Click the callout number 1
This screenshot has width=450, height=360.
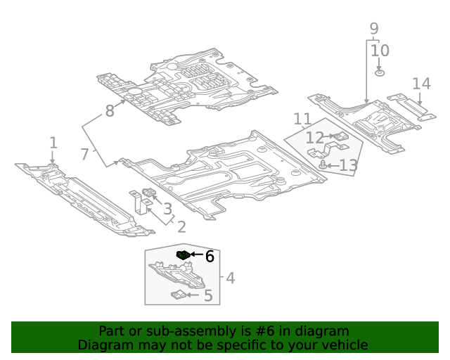[x=53, y=143]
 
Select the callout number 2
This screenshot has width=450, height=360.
[x=181, y=226]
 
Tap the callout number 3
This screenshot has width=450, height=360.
[x=167, y=209]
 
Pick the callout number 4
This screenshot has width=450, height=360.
[x=230, y=278]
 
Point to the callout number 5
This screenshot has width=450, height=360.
[x=207, y=295]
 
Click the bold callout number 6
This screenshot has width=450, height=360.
[x=210, y=256]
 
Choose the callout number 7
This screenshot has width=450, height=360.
[x=84, y=153]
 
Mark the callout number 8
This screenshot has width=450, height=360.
[x=109, y=110]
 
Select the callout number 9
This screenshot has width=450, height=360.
[x=373, y=29]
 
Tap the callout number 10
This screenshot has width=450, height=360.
[x=380, y=51]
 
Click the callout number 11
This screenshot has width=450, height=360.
[x=302, y=120]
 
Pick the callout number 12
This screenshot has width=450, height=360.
[x=314, y=138]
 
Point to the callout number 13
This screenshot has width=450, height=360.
[x=348, y=166]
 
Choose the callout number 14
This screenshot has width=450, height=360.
[x=421, y=84]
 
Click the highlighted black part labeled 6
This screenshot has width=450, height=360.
[x=183, y=255]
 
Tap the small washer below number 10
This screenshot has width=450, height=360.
[x=380, y=72]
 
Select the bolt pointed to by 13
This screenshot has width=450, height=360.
[x=323, y=165]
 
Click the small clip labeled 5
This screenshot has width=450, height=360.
[x=179, y=295]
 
